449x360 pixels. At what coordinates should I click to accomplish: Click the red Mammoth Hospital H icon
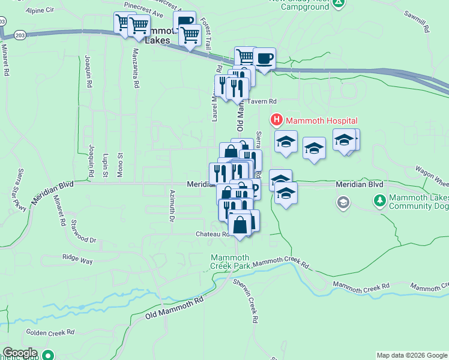tap(277, 120)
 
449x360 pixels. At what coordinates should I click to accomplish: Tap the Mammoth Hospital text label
tap(321, 121)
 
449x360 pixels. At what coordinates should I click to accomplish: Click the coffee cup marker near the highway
tap(264, 59)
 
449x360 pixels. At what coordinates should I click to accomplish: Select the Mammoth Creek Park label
tap(230, 262)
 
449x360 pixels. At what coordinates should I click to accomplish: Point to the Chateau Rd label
tap(212, 234)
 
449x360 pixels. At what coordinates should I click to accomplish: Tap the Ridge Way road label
tap(78, 260)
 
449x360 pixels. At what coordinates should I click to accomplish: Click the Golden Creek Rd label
tap(50, 331)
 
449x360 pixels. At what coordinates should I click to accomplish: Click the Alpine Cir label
tap(41, 10)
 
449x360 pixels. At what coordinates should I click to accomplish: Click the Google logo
tap(20, 353)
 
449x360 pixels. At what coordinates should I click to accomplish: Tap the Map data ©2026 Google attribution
tap(411, 355)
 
